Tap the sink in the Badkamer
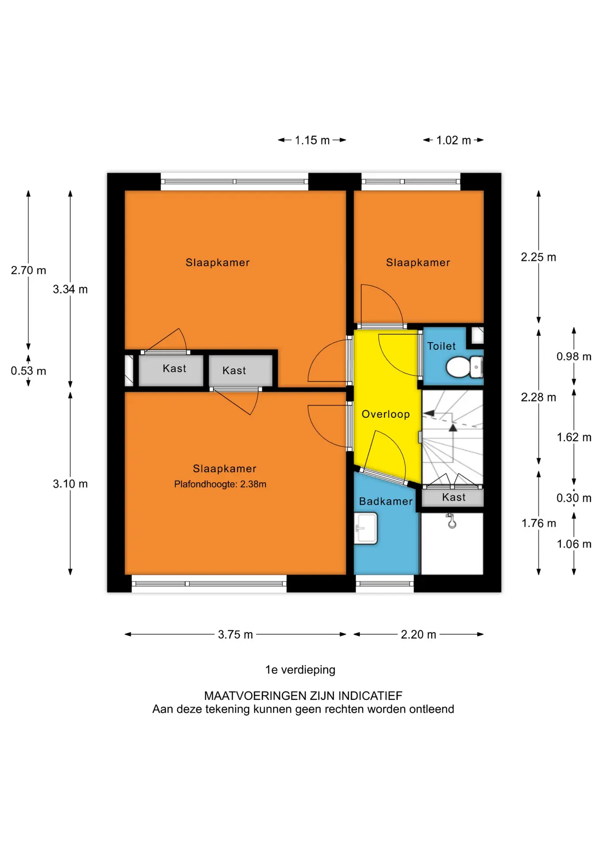pyautogui.click(x=366, y=528)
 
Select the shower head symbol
pyautogui.click(x=451, y=521)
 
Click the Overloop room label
pyautogui.click(x=386, y=414)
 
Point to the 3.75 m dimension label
pyautogui.click(x=235, y=634)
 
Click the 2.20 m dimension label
pyautogui.click(x=418, y=634)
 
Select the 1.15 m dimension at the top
pyautogui.click(x=312, y=140)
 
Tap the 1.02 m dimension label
pyautogui.click(x=453, y=140)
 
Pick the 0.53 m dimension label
pyautogui.click(x=28, y=371)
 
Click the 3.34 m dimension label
pyautogui.click(x=70, y=289)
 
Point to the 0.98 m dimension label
pyautogui.click(x=574, y=356)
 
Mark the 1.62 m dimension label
pyautogui.click(x=574, y=437)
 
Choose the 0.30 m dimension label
pyautogui.click(x=574, y=498)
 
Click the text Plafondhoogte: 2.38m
pyautogui.click(x=220, y=484)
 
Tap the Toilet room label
pyautogui.click(x=442, y=346)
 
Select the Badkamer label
pyautogui.click(x=386, y=501)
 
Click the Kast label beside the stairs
pyautogui.click(x=454, y=497)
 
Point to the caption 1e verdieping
pyautogui.click(x=301, y=670)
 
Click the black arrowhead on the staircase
pyautogui.click(x=453, y=428)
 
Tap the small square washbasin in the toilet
pyautogui.click(x=477, y=336)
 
